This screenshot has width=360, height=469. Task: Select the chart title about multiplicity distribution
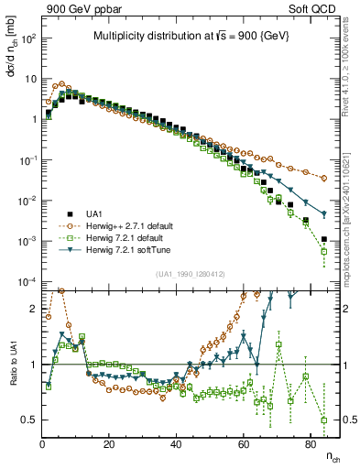tap(191, 36)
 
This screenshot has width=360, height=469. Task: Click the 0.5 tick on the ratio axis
tap(27, 420)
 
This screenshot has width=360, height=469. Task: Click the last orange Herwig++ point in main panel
tap(323, 178)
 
